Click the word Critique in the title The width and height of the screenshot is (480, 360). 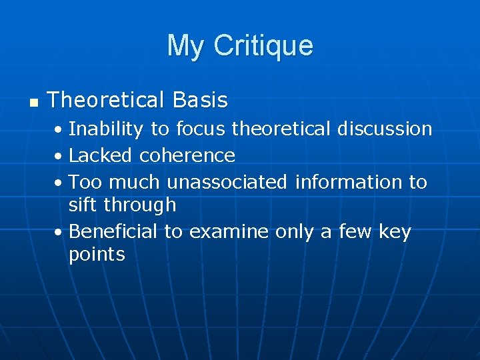[x=263, y=46]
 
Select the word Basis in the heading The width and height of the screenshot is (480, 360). [x=200, y=101]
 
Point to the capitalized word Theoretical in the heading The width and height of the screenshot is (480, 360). [x=107, y=101]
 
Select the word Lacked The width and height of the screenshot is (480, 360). [x=101, y=155]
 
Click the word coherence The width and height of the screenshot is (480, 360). [x=187, y=155]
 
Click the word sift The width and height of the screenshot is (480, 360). [x=83, y=205]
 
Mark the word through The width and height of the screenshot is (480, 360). [x=141, y=205]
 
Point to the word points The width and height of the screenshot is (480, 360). [x=97, y=255]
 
